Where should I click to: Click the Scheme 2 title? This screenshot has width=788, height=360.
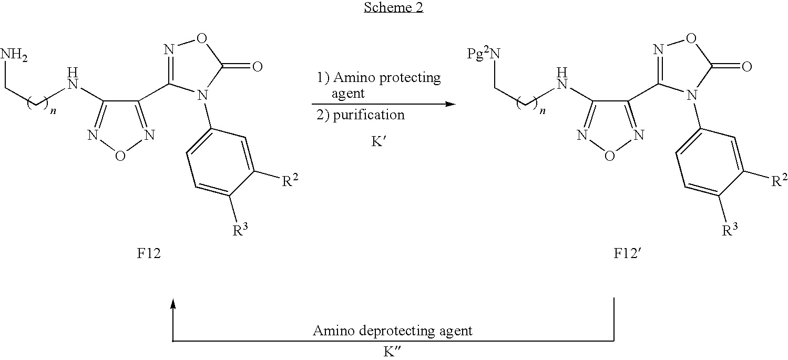(x=393, y=7)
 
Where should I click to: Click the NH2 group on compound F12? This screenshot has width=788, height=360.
(x=14, y=55)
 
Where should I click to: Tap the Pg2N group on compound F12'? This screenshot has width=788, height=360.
(x=484, y=54)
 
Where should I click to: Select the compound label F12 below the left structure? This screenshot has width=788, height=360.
(x=149, y=253)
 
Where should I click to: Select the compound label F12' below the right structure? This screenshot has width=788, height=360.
(x=628, y=253)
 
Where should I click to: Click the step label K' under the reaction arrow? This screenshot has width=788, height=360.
(x=379, y=141)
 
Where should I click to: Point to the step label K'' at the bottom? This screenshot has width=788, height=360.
(x=392, y=352)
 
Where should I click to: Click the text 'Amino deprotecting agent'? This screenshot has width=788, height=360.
(x=393, y=331)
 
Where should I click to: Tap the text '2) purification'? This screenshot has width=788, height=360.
(x=361, y=115)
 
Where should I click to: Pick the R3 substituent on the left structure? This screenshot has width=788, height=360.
(x=240, y=230)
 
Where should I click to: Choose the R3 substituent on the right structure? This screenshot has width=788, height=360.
(x=730, y=230)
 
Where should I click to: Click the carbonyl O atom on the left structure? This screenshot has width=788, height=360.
(x=258, y=66)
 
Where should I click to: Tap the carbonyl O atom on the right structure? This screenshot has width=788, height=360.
(x=747, y=66)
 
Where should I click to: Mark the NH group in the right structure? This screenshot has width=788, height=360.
(x=562, y=79)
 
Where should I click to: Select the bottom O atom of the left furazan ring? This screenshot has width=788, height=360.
(x=120, y=156)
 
